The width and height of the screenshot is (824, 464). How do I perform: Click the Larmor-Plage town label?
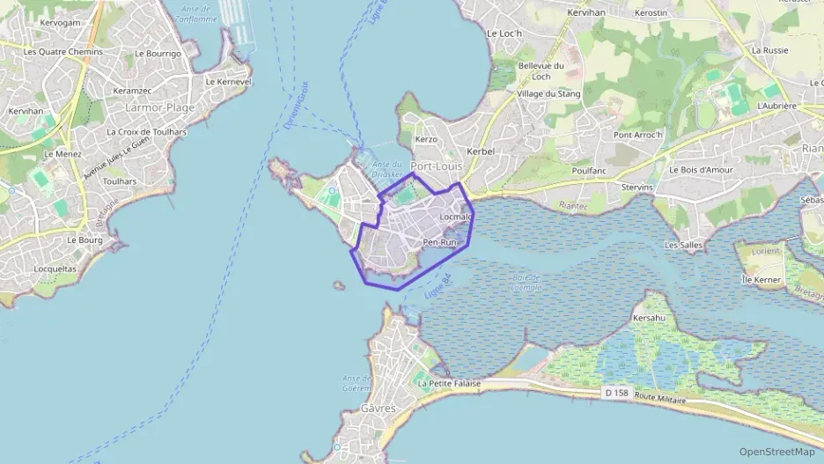(159, 107)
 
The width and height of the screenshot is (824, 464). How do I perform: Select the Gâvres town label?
(379, 409)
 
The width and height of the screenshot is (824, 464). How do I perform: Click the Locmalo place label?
(455, 216)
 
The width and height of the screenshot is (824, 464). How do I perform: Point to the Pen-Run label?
(440, 242)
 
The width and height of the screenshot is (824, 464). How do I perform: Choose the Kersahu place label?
(647, 318)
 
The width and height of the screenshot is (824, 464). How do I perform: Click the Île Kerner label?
(761, 279)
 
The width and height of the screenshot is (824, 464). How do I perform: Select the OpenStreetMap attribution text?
(776, 452)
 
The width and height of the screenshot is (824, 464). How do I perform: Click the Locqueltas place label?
(55, 269)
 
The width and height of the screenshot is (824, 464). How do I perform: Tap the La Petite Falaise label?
(449, 383)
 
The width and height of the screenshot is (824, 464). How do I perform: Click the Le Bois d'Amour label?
(701, 170)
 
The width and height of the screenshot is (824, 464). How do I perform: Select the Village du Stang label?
(547, 93)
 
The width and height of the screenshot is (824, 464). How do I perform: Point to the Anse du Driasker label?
(386, 169)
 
